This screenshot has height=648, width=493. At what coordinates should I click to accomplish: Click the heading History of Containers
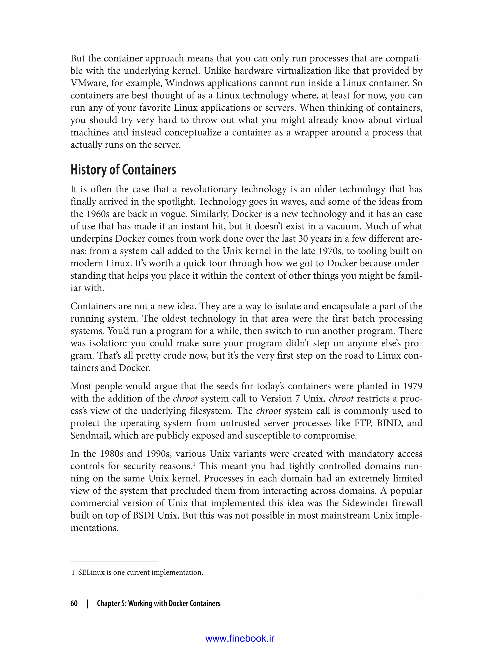[x=123, y=170]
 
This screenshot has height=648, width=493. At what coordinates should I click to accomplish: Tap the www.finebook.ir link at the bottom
[x=240, y=639]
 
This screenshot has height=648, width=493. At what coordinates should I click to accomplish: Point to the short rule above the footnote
[x=114, y=562]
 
